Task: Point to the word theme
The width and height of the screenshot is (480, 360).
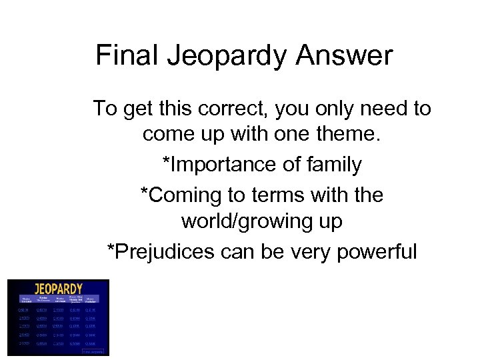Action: [x=347, y=136]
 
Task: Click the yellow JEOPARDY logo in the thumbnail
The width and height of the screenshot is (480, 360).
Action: [x=59, y=288]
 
